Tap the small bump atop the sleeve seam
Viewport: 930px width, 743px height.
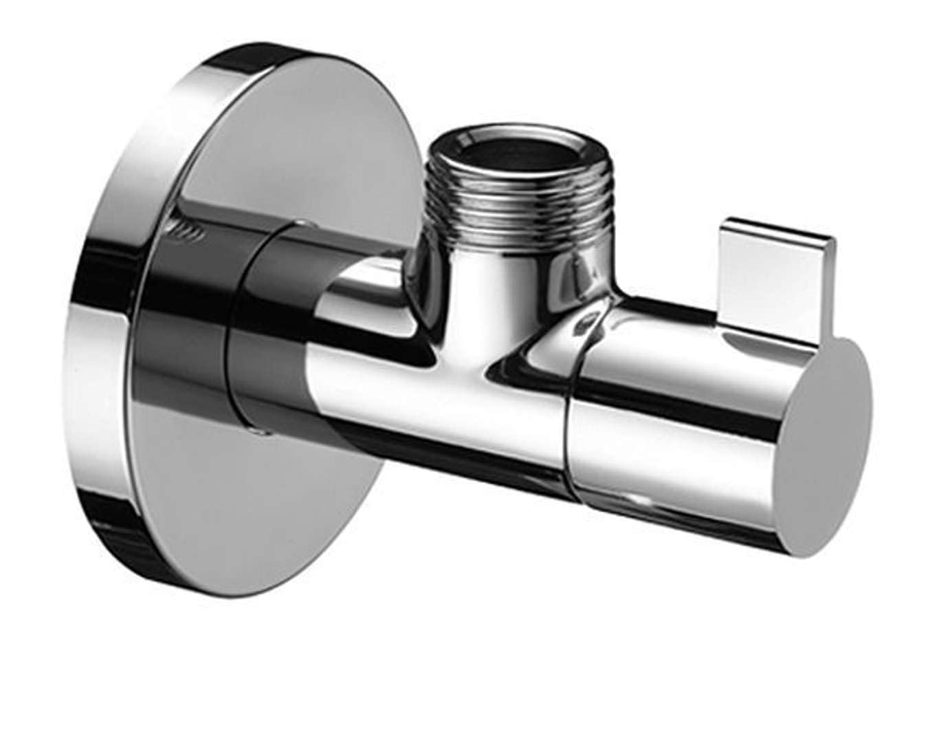click(300, 222)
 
